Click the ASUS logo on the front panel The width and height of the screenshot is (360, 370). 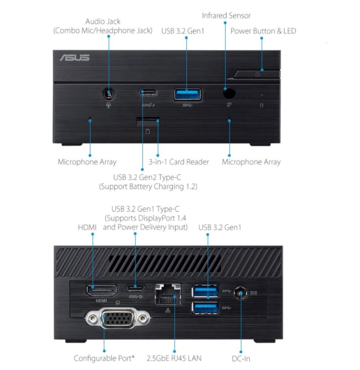75,58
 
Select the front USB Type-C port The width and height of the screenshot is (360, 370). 148,92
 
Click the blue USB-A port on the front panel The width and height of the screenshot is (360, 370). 188,94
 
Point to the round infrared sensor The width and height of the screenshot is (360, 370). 229,93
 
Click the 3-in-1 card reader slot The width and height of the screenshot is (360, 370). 148,122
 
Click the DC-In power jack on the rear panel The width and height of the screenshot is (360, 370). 239,294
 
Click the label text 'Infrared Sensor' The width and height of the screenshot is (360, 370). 226,16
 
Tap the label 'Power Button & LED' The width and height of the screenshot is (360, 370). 263,31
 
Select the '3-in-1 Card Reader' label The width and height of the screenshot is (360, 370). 178,162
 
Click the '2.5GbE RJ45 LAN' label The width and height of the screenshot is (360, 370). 174,358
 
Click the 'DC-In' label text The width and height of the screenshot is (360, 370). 241,359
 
